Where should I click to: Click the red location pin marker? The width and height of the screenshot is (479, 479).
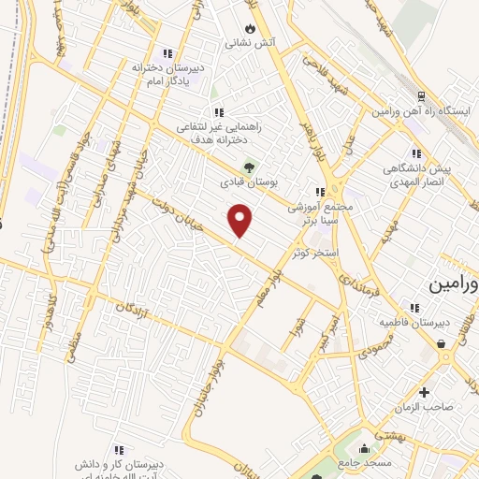pyautogui.click(x=240, y=220)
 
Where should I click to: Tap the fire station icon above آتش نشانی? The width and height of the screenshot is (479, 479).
pyautogui.click(x=249, y=28)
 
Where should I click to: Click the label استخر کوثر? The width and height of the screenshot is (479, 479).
pyautogui.click(x=314, y=253)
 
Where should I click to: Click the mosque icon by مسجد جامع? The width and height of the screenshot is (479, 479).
pyautogui.click(x=364, y=446)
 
